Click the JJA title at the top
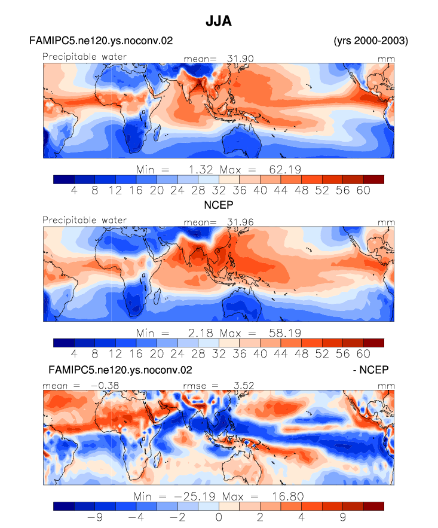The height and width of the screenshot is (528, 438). [219, 21]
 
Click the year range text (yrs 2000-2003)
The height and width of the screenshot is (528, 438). [370, 41]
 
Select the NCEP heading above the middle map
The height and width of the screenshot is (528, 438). [219, 205]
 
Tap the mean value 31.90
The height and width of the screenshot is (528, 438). [240, 59]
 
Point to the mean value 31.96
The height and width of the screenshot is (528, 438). [240, 222]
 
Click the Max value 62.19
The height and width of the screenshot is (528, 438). [285, 169]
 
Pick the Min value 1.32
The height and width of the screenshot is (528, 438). [201, 169]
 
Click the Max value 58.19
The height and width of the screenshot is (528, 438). [285, 333]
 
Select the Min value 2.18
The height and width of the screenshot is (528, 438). [201, 333]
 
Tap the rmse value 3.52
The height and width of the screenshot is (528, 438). [244, 385]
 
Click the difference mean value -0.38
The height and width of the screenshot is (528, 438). [105, 385]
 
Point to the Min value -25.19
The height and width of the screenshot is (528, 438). [194, 496]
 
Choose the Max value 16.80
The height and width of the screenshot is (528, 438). [288, 496]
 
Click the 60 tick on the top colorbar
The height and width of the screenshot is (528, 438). [363, 190]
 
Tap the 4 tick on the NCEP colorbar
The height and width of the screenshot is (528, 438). [74, 353]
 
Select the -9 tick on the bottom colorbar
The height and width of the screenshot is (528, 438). [95, 517]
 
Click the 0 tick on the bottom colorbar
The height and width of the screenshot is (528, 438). [219, 517]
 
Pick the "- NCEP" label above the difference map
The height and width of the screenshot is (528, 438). [370, 370]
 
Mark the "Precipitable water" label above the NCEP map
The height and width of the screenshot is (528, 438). [84, 220]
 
